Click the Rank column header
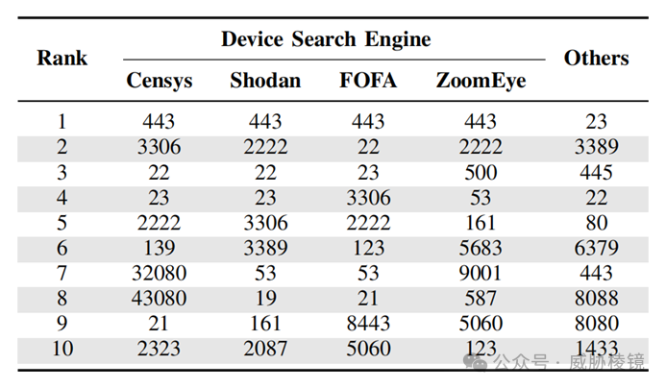point(62,58)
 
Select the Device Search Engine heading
point(326,39)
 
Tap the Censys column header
point(160,81)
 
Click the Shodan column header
point(265,81)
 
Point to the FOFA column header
point(368,81)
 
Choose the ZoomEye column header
point(481,81)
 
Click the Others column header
point(597,58)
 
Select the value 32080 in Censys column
point(159,273)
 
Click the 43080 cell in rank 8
point(159,298)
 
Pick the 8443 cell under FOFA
point(368,323)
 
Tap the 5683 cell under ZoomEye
point(481,248)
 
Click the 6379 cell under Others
point(597,248)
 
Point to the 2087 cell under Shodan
point(265,349)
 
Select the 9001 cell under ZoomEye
point(481,273)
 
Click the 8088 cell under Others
point(597,298)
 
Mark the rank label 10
point(62,349)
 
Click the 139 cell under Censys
point(159,248)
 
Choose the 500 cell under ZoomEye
point(481,173)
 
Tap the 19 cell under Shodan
point(265,298)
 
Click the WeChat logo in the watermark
point(475,362)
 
